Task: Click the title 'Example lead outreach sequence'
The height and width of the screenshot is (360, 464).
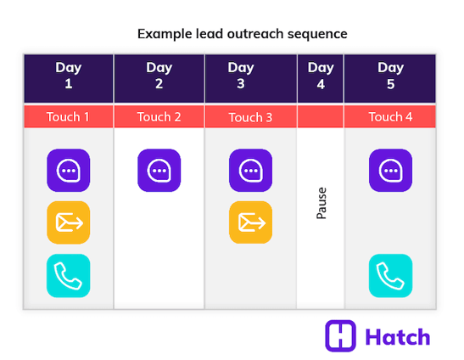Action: (x=242, y=34)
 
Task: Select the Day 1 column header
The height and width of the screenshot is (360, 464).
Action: (x=69, y=76)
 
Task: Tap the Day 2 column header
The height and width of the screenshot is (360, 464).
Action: (x=159, y=76)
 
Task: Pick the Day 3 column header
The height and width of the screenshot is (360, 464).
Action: (x=250, y=76)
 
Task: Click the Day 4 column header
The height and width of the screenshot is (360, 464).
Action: (x=321, y=76)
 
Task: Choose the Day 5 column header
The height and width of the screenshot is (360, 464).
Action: (x=390, y=76)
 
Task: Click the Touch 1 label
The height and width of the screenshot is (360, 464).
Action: (x=69, y=117)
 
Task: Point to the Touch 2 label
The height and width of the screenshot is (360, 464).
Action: (x=159, y=117)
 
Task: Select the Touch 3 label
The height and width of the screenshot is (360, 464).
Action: (x=250, y=117)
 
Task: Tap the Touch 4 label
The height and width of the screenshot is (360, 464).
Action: (x=390, y=117)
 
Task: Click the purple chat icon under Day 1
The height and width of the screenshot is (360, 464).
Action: (x=68, y=171)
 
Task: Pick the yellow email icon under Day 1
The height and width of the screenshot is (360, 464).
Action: (x=68, y=222)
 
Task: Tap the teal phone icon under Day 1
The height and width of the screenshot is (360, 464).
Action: (x=68, y=275)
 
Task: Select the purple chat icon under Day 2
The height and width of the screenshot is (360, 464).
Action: (x=159, y=171)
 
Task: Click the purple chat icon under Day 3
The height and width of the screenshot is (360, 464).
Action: (x=250, y=171)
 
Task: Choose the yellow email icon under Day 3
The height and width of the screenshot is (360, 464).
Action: (x=250, y=222)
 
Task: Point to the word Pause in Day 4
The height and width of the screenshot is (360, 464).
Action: (x=321, y=203)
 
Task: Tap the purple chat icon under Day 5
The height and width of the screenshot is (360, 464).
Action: (x=390, y=171)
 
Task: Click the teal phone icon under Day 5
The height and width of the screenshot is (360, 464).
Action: (x=390, y=275)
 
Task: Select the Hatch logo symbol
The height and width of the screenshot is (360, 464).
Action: (x=340, y=336)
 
